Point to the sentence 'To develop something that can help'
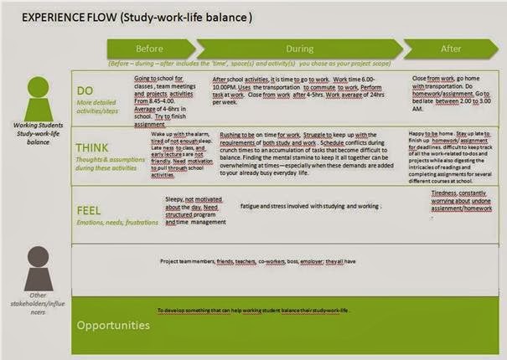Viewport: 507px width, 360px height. (x=252, y=310)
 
